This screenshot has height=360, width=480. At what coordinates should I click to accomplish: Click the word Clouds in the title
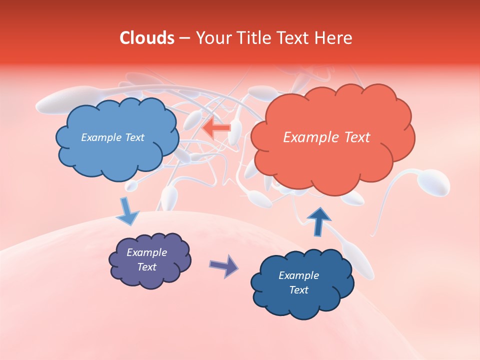coord(147,38)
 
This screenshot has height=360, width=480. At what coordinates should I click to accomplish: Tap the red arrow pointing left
coord(216,128)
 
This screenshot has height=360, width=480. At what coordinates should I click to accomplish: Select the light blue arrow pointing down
coord(127,211)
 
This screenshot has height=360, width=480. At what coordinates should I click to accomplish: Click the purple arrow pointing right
coord(224,265)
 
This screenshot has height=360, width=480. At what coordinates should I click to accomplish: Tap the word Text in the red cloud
coord(357,137)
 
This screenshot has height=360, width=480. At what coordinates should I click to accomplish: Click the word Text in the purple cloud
coord(147,267)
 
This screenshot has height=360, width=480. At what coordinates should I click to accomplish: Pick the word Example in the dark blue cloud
coord(298,275)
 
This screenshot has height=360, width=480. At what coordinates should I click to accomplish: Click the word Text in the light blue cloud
coord(134,137)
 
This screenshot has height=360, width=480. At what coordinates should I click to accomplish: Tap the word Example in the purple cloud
coord(147,252)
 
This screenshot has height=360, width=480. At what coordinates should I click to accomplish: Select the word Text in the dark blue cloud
coord(298,290)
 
